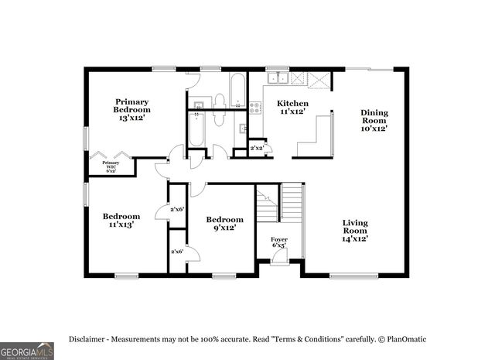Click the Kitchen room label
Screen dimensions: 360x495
click(x=292, y=107)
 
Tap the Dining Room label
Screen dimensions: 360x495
click(x=374, y=120)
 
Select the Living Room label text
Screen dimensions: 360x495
click(x=356, y=231)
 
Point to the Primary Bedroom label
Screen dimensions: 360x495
click(x=132, y=109)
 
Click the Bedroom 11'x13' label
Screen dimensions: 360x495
click(x=121, y=221)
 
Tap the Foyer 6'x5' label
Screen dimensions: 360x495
click(x=278, y=243)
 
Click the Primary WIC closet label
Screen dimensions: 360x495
click(x=111, y=166)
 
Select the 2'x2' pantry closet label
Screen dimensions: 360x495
click(x=258, y=148)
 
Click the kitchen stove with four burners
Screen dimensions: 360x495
click(x=255, y=108)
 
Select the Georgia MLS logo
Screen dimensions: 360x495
click(x=27, y=350)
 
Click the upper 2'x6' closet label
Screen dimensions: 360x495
click(x=177, y=209)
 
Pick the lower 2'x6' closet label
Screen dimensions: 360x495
click(x=177, y=251)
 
